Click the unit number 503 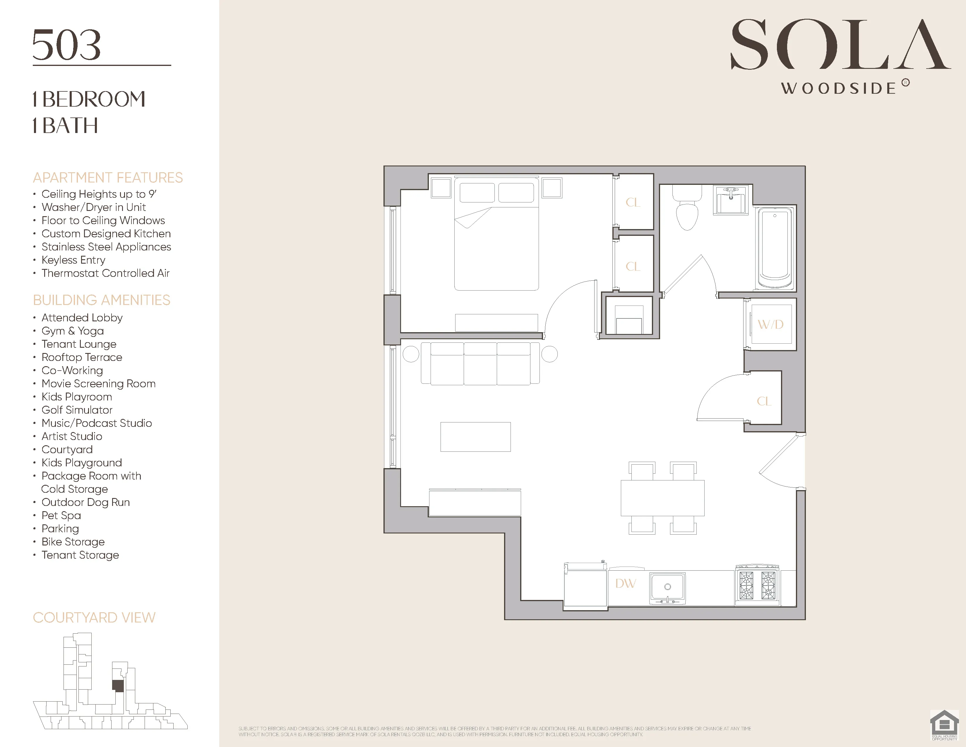coord(67,45)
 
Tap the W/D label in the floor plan coord(770,324)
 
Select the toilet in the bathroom coord(687,208)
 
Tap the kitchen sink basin coord(667,587)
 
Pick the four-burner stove coord(757,585)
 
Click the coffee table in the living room coord(475,437)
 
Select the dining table coord(662,498)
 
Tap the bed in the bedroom coord(496,235)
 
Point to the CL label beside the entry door coord(764,401)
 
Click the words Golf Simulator coord(77,410)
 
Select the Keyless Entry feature coord(73,260)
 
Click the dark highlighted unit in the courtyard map coord(118,686)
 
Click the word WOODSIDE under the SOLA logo coord(838,88)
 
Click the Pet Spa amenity coord(61,515)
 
